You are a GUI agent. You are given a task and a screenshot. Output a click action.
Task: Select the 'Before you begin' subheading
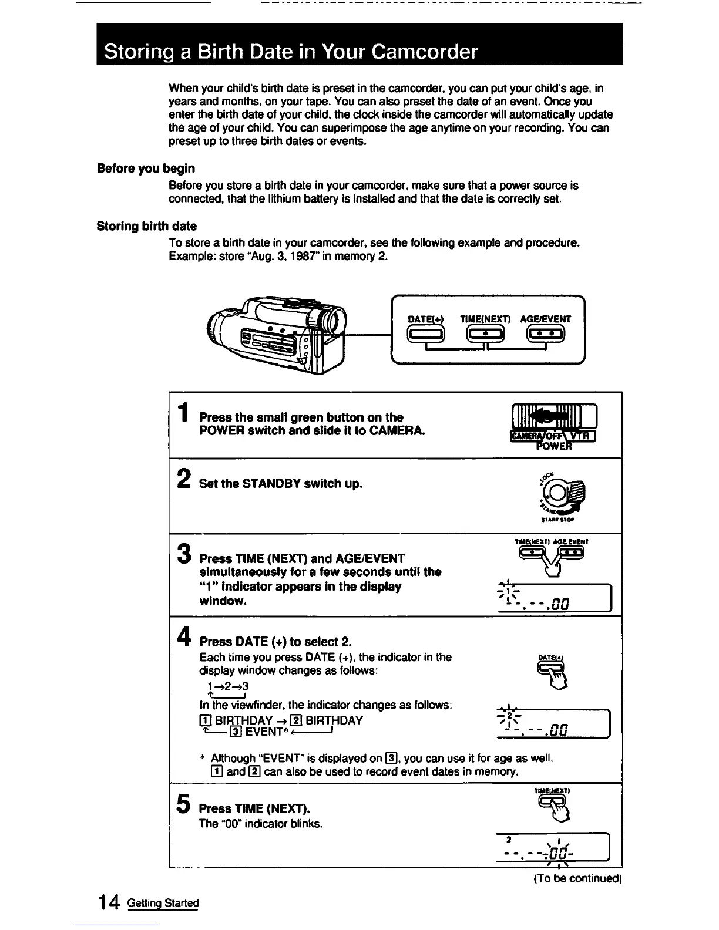click(x=146, y=169)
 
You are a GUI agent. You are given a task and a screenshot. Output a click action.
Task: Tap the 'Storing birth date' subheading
click(x=146, y=226)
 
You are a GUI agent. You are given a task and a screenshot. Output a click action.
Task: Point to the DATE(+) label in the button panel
click(x=426, y=319)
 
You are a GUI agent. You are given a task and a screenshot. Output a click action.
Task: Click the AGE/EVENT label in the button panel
click(x=546, y=319)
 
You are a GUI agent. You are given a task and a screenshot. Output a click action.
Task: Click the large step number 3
click(x=184, y=553)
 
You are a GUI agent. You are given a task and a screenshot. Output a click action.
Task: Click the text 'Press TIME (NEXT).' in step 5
click(x=254, y=808)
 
